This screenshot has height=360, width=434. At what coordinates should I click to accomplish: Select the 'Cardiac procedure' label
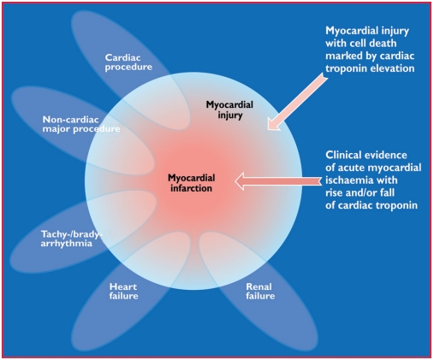[x=128, y=61]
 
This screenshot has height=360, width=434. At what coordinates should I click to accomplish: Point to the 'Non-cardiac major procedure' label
[x=80, y=125]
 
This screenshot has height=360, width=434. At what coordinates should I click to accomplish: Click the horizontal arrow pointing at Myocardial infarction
[x=276, y=180]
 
